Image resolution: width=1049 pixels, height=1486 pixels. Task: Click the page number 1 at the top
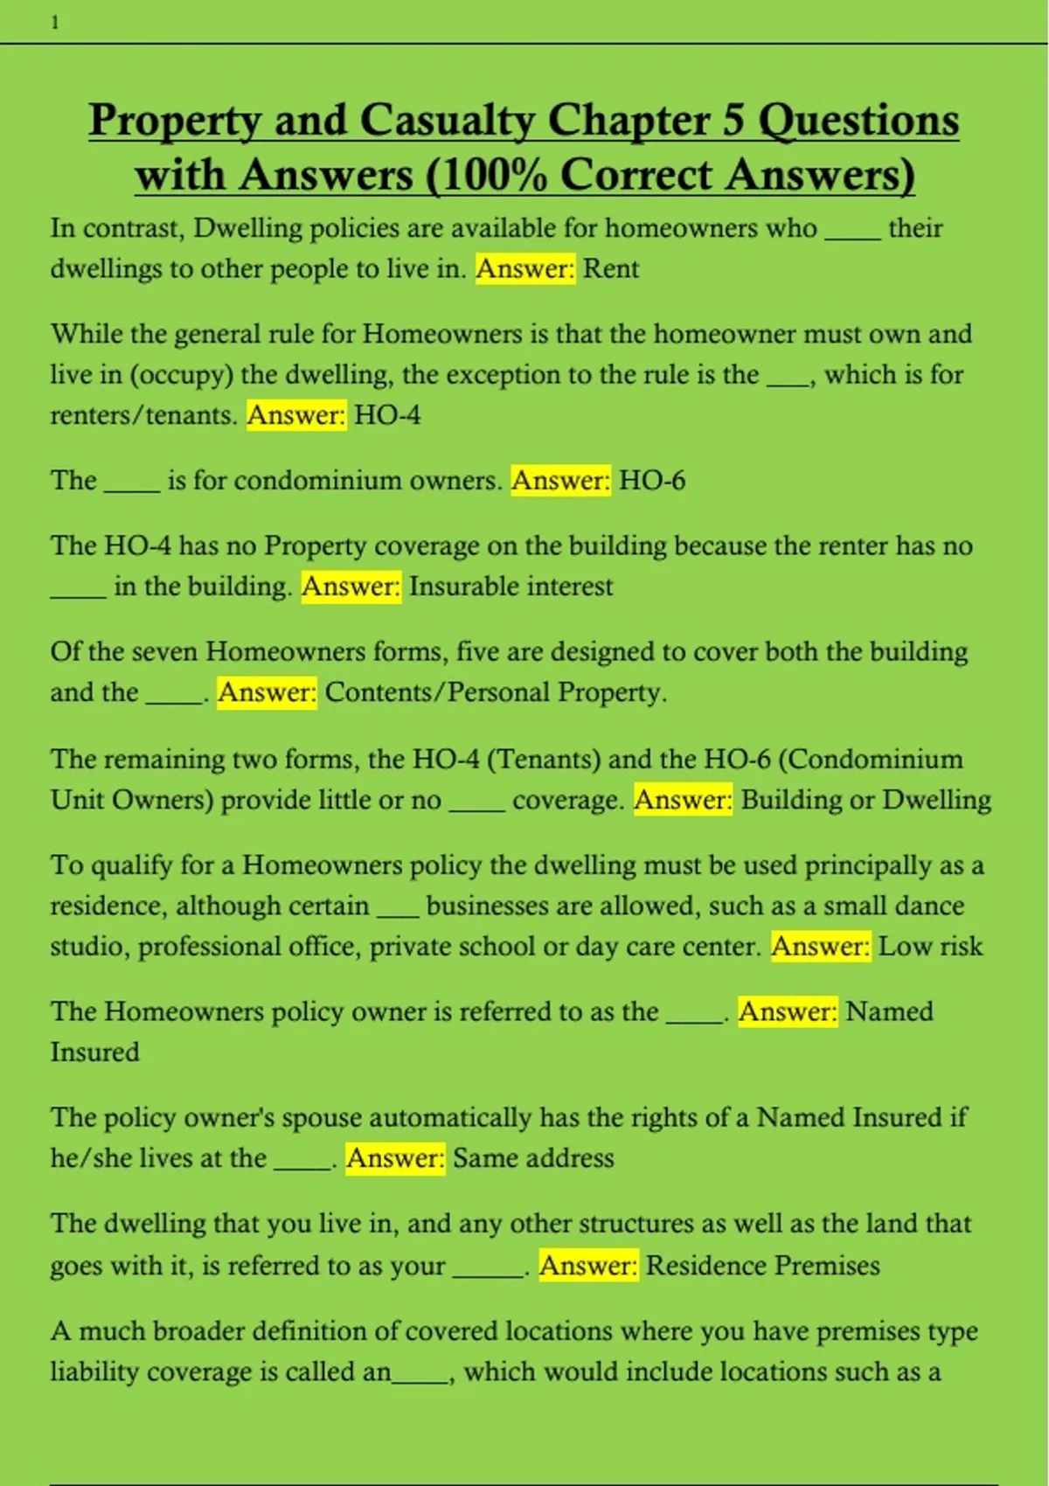tap(55, 23)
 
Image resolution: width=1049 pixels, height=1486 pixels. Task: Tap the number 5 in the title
tap(733, 121)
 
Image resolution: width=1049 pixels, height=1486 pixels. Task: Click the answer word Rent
tap(611, 268)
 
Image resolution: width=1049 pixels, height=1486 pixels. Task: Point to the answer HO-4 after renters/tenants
tap(387, 414)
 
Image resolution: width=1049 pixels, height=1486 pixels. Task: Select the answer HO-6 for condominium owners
tap(652, 480)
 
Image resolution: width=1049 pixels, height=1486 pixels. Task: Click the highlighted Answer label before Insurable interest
tap(351, 586)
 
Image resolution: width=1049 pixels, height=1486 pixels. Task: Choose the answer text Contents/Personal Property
tap(496, 692)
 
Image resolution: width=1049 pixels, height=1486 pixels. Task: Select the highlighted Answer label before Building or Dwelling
tap(684, 800)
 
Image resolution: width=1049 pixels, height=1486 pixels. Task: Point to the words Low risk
tap(930, 946)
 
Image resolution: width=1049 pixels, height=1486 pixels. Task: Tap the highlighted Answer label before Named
tap(788, 1011)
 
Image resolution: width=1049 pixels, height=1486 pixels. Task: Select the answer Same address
tap(533, 1158)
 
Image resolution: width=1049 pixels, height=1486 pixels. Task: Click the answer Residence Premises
tap(762, 1266)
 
